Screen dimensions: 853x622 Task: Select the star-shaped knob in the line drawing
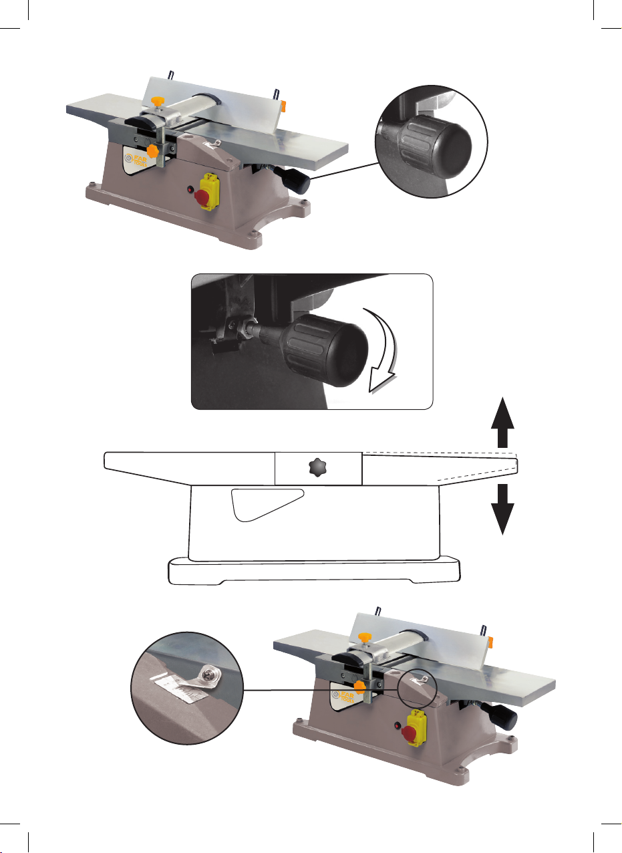pos(318,469)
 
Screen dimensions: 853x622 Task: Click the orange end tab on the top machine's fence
pos(283,105)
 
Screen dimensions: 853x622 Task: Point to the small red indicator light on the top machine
pos(191,191)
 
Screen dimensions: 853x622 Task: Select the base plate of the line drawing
pos(314,570)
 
